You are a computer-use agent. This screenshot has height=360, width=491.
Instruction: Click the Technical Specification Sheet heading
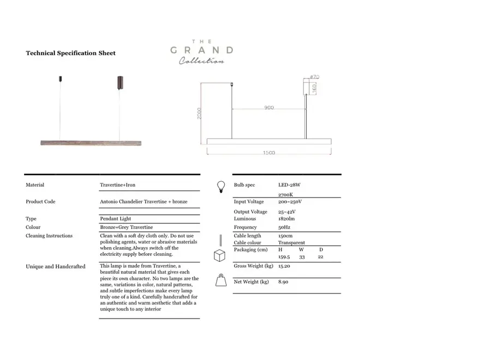click(x=71, y=53)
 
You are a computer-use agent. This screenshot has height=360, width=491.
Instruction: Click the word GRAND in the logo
click(x=201, y=50)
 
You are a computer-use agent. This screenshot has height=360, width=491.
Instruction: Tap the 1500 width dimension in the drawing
click(x=269, y=153)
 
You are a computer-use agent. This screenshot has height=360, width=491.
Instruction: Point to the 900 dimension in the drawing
click(x=269, y=107)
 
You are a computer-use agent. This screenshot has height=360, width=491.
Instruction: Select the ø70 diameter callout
click(x=314, y=77)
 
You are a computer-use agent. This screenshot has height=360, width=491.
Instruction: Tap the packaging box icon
click(x=219, y=256)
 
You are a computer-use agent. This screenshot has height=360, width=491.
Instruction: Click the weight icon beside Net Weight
click(x=221, y=280)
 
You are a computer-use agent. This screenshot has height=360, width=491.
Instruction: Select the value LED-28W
click(x=289, y=185)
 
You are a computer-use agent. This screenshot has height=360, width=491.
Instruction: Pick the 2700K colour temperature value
click(x=286, y=195)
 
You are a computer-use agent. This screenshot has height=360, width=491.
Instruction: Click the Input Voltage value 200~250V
click(x=290, y=202)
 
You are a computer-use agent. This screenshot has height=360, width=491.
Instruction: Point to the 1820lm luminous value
click(x=286, y=219)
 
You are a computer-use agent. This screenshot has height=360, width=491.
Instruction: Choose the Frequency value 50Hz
click(x=284, y=227)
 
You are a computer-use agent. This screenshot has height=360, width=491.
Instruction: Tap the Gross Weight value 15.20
click(x=284, y=266)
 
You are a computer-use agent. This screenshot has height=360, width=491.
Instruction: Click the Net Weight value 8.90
click(x=283, y=282)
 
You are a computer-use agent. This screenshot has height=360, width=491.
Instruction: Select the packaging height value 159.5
click(x=284, y=256)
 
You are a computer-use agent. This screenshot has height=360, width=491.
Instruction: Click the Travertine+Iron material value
click(x=117, y=185)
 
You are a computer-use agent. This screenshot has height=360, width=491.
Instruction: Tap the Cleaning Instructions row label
click(x=49, y=236)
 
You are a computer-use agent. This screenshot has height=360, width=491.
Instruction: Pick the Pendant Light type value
click(x=115, y=219)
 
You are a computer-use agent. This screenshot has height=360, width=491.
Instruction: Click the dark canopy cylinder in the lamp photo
click(x=119, y=83)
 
